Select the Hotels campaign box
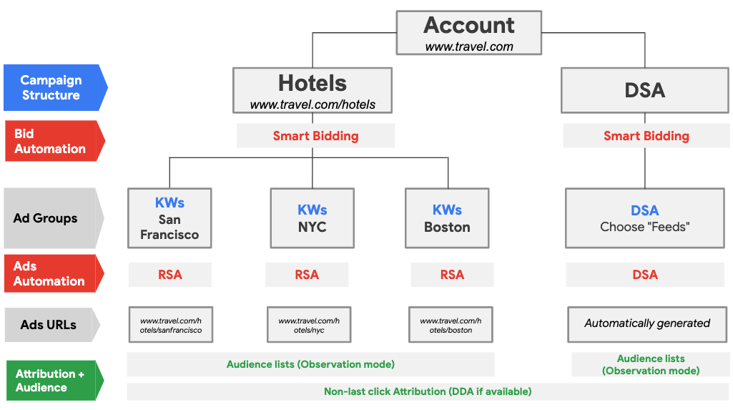pos(313,91)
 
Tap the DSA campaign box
pos(644,90)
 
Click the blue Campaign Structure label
pos(51,87)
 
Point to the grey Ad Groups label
pos(46,218)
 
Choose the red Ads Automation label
pos(49,274)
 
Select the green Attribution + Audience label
pos(51,381)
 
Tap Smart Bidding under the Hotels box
pos(315,136)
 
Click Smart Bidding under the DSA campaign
pos(646,136)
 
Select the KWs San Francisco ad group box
pos(169,218)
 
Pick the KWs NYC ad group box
pos(312,218)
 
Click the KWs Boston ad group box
pos(447,218)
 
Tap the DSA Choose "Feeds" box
pos(645,218)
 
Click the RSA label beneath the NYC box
pos(307,275)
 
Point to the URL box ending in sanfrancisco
pos(171,326)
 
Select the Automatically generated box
pos(647,323)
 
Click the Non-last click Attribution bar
pos(428,391)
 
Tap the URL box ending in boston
pos(451,326)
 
